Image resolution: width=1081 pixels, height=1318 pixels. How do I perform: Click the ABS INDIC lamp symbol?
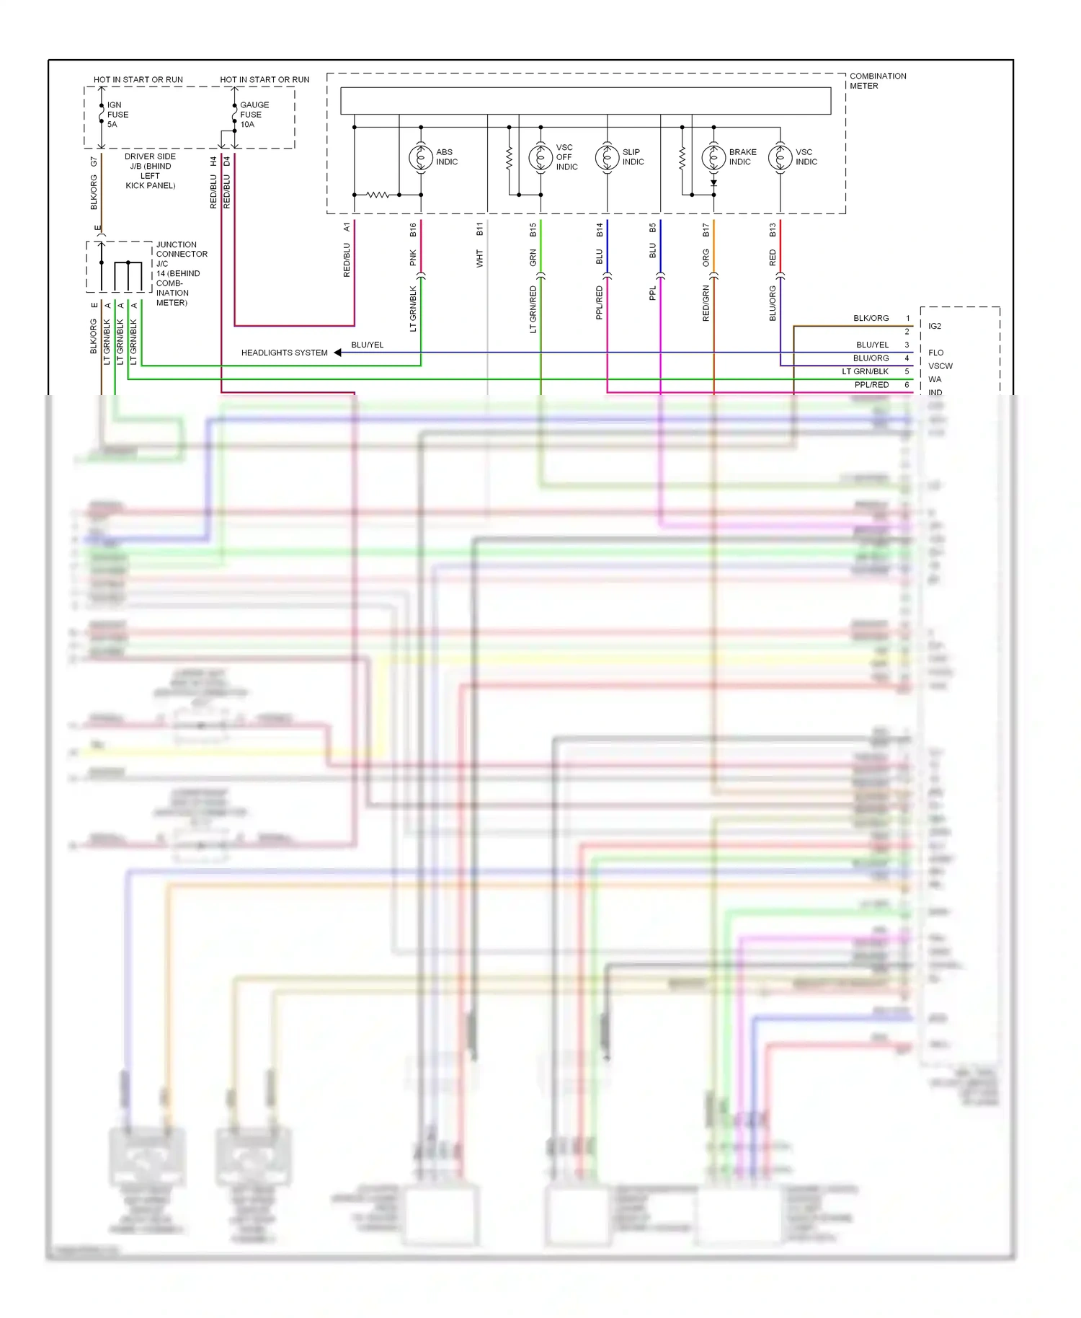tap(421, 157)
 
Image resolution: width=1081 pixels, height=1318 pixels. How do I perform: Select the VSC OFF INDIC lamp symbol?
tap(540, 157)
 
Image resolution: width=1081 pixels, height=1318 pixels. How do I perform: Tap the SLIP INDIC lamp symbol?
tap(607, 157)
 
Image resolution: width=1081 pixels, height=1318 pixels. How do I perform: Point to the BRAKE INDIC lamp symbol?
tap(713, 157)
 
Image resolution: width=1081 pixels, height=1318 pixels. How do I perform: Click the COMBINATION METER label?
tap(877, 81)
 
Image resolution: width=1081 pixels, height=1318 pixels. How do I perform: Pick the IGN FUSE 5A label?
tap(117, 115)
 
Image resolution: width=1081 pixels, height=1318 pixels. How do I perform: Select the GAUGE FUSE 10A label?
tap(254, 115)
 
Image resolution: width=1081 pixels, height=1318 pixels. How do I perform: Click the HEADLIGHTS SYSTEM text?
tap(284, 353)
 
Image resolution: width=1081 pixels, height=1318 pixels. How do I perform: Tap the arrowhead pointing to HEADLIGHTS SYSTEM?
tap(337, 353)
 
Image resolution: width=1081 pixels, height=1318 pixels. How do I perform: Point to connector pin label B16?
tap(413, 230)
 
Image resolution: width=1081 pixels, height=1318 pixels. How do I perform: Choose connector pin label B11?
tap(480, 230)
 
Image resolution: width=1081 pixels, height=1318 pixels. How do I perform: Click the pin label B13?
tap(773, 230)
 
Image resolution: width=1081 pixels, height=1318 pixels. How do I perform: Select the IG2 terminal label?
tap(935, 326)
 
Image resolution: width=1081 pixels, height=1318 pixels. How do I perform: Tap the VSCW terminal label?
tap(940, 366)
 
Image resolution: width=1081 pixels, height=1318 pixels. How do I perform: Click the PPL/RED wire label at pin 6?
tap(871, 385)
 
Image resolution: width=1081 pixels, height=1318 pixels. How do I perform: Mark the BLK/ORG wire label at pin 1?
tap(871, 318)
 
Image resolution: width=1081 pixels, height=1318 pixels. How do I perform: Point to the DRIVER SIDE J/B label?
tap(150, 171)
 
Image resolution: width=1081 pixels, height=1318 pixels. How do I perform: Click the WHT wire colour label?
tap(480, 259)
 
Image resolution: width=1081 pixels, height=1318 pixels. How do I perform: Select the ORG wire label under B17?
tap(706, 257)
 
